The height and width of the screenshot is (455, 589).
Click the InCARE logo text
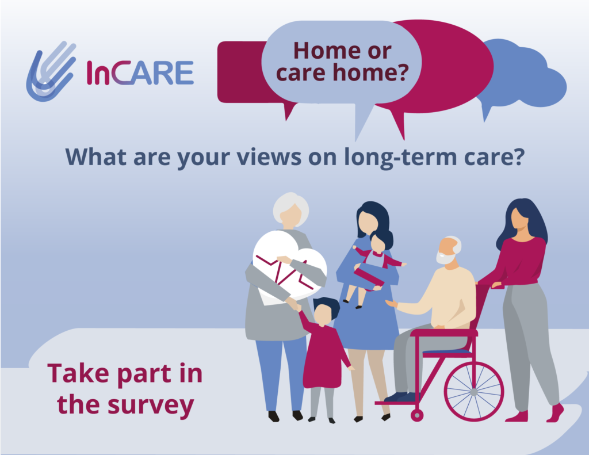140,72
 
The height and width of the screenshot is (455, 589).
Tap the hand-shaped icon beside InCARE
51,71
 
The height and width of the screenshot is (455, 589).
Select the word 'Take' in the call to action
78,373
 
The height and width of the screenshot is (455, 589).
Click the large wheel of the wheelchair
474,392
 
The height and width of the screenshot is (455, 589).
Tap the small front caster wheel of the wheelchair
417,415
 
